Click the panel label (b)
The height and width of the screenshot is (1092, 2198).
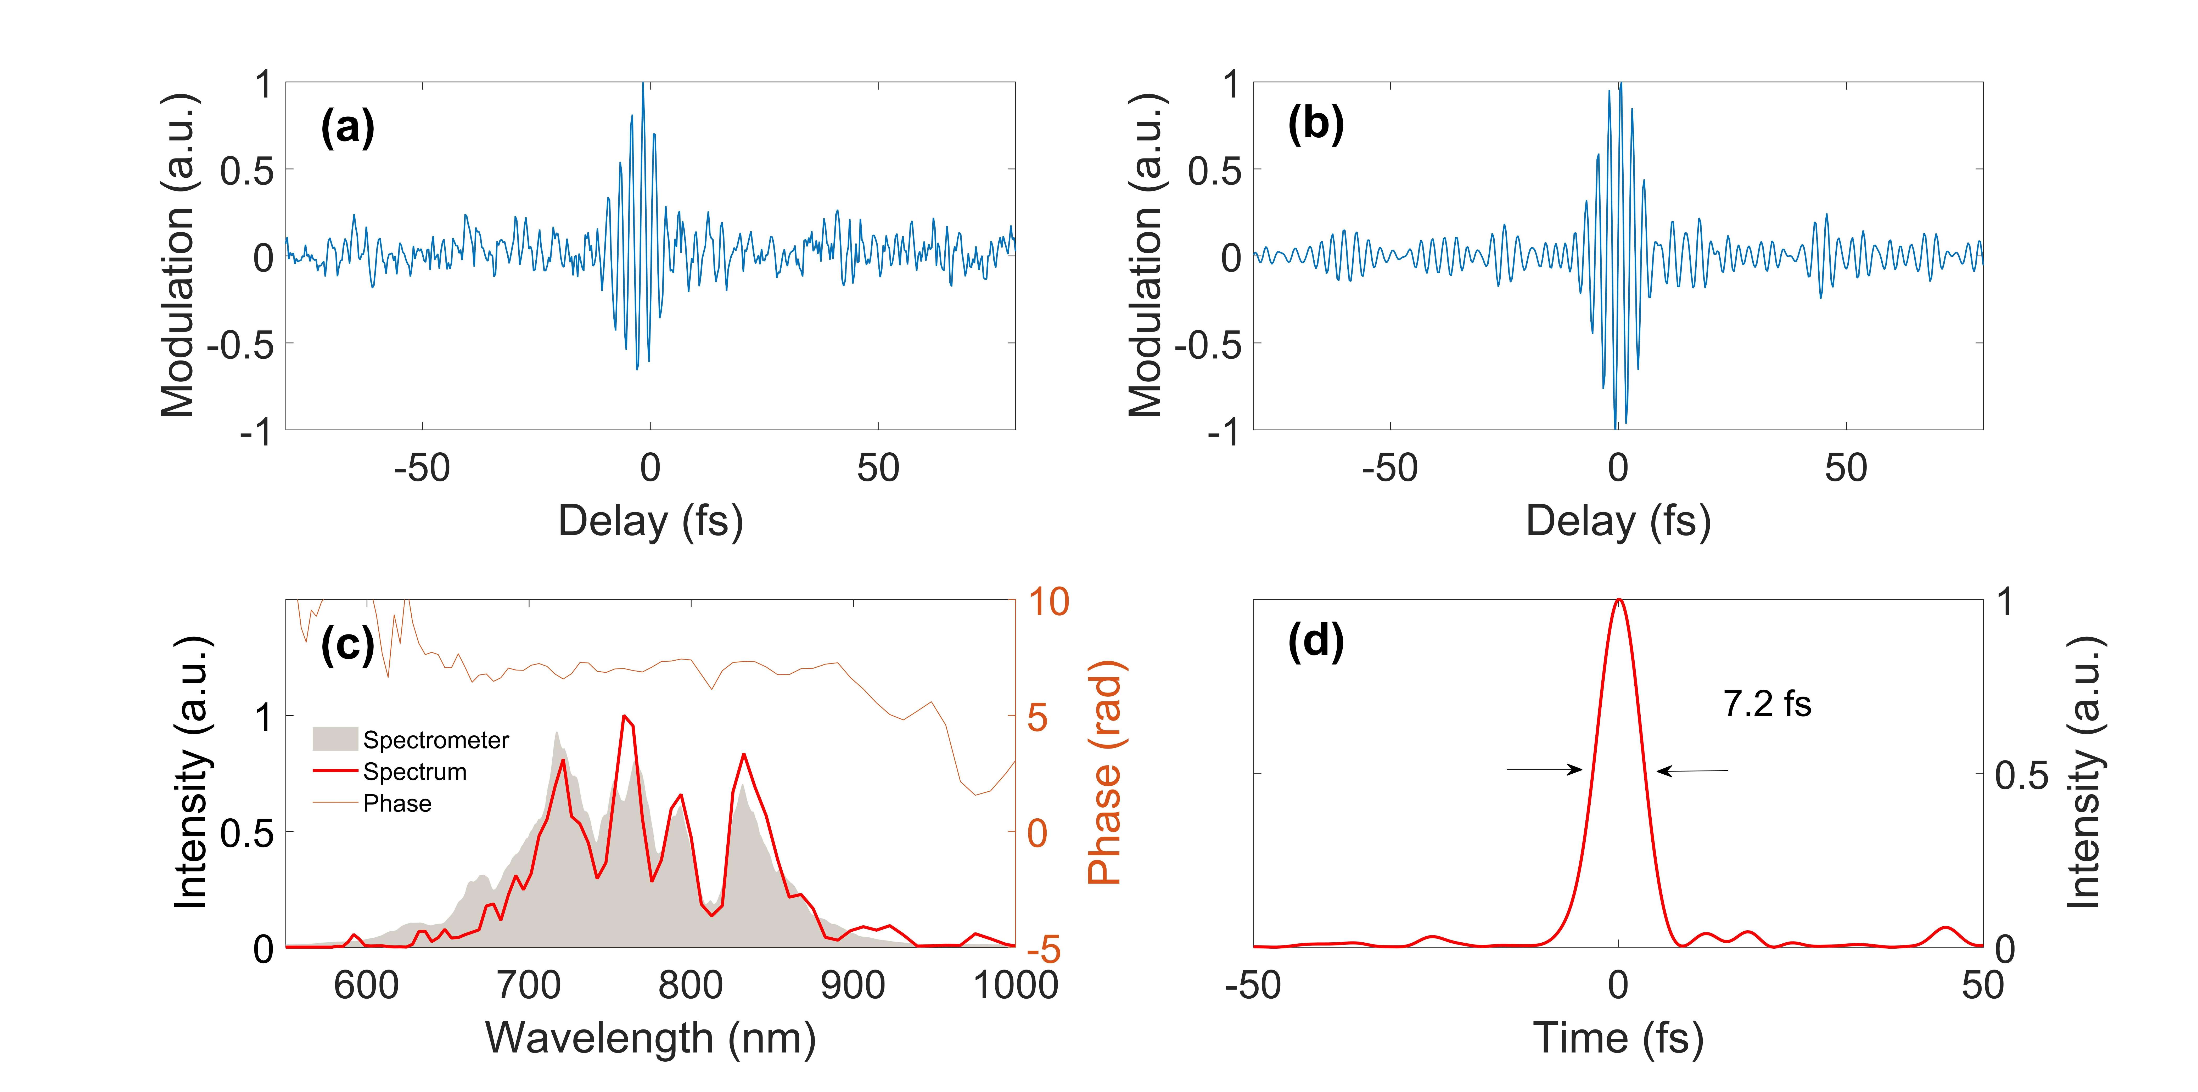tap(1315, 125)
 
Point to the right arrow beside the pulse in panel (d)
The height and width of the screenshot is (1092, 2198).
tap(1692, 771)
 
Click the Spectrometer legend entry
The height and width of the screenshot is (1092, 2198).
tap(435, 740)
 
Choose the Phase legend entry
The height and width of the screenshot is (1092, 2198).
tap(397, 804)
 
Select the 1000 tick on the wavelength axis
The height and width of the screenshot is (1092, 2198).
tap(1015, 985)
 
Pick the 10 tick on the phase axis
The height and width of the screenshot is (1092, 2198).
tap(1048, 602)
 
